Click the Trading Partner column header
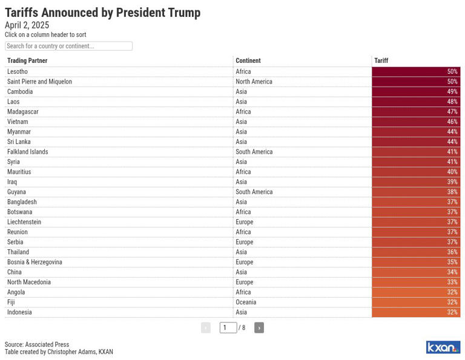(x=27, y=61)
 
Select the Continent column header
(x=248, y=61)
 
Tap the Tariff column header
(x=381, y=61)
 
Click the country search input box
(x=68, y=46)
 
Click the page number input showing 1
(x=228, y=328)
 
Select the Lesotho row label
(x=18, y=72)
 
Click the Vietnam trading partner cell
(x=17, y=122)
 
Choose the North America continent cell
(x=254, y=82)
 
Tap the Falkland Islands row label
(x=27, y=152)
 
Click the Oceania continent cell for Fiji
(x=246, y=303)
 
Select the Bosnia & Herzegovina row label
(x=35, y=263)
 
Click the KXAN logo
(x=443, y=347)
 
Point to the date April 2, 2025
(x=27, y=25)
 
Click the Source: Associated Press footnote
(x=37, y=344)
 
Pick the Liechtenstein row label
(x=24, y=222)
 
